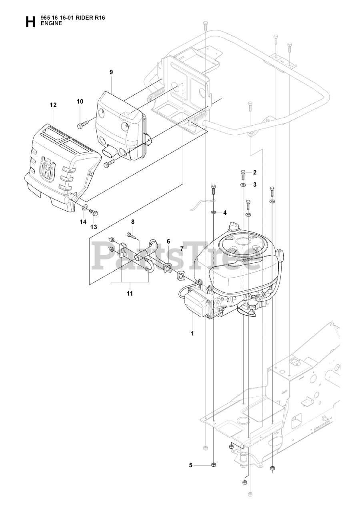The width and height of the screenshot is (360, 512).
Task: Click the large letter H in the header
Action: pos(30,22)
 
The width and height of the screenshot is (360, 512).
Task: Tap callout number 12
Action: pos(53,105)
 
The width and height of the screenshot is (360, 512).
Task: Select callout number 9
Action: pos(111,72)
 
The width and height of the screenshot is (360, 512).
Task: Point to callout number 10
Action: pos(80,102)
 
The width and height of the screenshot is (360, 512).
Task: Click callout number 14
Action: pos(83,222)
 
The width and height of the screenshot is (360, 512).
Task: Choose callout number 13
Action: pos(94,227)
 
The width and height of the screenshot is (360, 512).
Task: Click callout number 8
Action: pos(132,222)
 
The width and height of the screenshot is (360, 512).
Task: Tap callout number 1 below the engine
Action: pos(192,333)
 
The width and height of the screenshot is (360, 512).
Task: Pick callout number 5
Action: pos(191,465)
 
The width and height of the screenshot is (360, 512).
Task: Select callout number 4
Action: pos(225,212)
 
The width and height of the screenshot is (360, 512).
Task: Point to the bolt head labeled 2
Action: pos(244,173)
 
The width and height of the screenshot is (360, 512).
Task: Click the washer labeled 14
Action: pos(84,208)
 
